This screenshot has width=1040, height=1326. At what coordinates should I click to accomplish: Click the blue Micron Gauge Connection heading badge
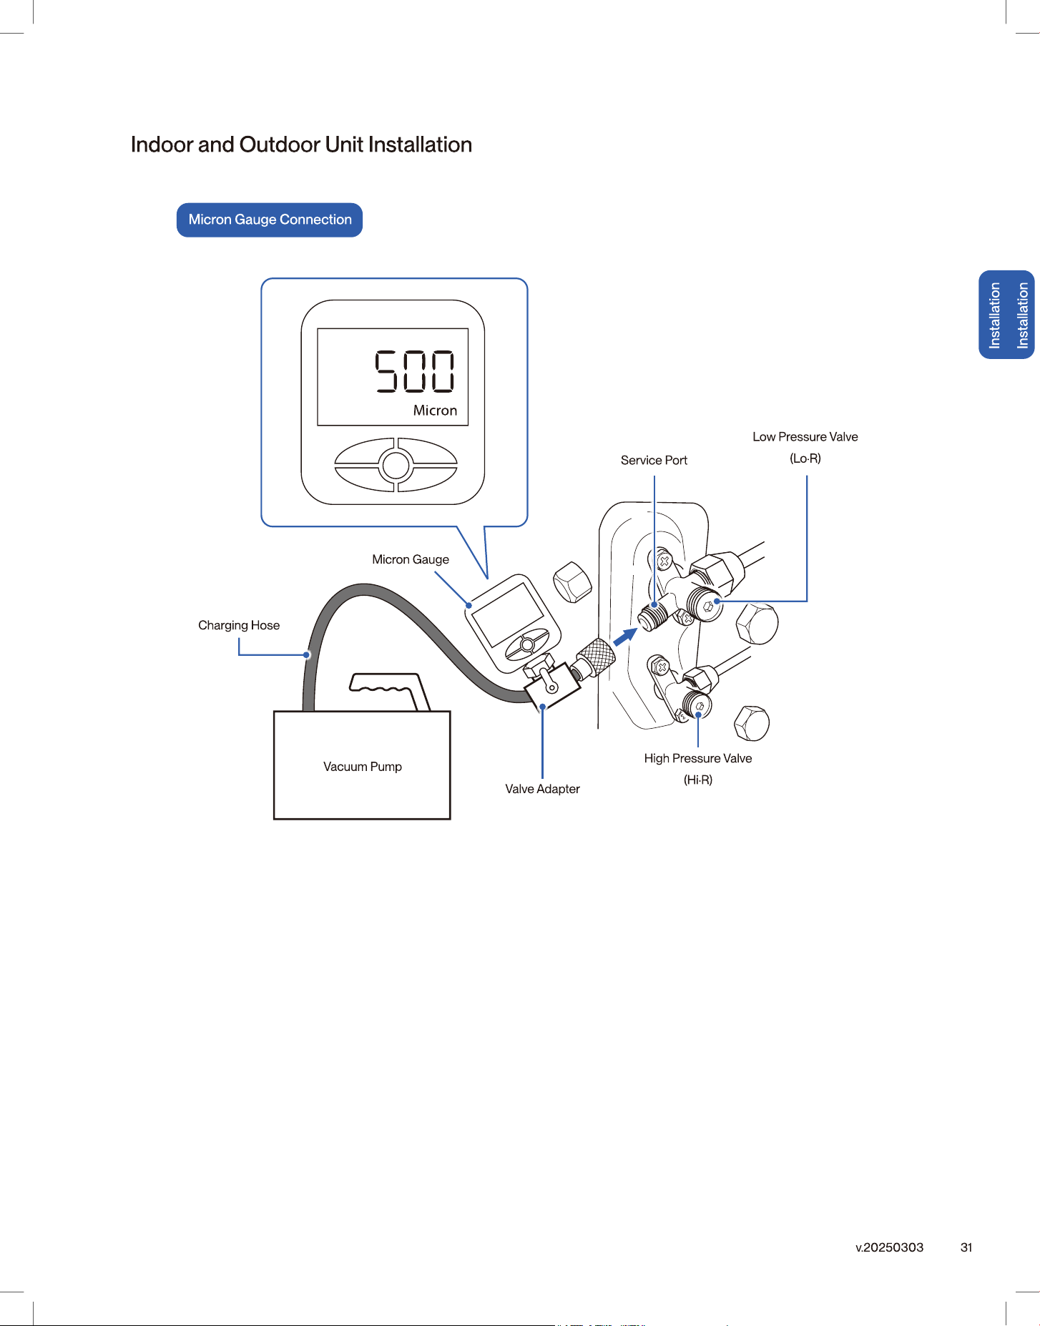tap(270, 220)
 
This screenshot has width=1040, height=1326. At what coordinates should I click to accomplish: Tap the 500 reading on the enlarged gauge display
tap(415, 371)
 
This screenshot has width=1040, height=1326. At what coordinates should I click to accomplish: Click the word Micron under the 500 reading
tap(435, 411)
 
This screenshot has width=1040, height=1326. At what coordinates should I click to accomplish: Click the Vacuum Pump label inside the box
tap(363, 767)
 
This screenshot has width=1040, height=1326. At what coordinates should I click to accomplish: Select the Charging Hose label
tap(239, 625)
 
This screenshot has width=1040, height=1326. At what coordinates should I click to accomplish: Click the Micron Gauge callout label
tap(411, 559)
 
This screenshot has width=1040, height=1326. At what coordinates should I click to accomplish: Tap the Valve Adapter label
tap(542, 789)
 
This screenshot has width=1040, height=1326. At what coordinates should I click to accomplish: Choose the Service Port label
tap(654, 461)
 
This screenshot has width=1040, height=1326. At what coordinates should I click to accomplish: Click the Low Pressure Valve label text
tap(805, 437)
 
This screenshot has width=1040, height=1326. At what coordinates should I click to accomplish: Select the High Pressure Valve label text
tap(698, 758)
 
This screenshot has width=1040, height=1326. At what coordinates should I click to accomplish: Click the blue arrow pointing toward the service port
tap(626, 637)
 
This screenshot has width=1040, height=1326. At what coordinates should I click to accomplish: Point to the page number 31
tap(966, 1247)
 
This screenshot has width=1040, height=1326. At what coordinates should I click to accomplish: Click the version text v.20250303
tap(890, 1247)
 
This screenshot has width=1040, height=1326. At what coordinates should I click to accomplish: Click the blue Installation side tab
tap(1007, 315)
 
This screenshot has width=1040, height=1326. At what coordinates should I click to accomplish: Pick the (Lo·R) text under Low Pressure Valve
tap(805, 458)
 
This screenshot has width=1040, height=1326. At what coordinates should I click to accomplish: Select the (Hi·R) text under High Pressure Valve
tap(698, 780)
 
